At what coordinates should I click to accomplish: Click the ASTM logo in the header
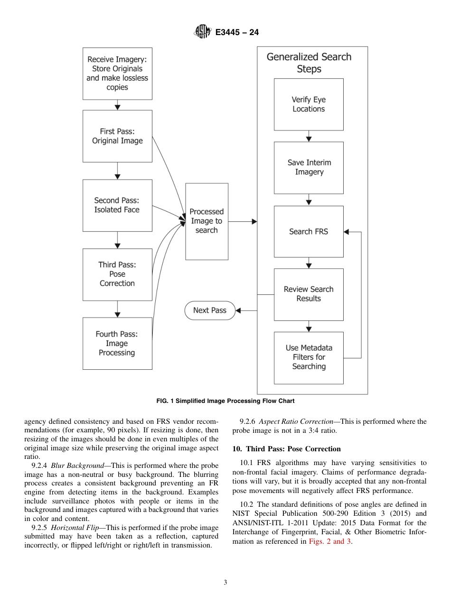[202, 32]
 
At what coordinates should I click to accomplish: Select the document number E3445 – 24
[237, 33]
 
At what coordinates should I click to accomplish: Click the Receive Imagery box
[117, 73]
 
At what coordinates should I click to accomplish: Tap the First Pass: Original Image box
[117, 136]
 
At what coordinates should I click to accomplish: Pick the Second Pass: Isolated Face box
[117, 205]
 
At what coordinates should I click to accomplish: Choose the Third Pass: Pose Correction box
[117, 274]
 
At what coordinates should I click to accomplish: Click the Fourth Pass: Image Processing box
[117, 343]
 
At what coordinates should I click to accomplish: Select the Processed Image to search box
[207, 221]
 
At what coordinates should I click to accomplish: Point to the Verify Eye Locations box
[309, 104]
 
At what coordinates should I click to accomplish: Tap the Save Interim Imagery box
[309, 167]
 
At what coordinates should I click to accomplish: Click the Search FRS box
[309, 232]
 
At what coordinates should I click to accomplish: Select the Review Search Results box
[309, 294]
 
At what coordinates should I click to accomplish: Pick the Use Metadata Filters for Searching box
[309, 357]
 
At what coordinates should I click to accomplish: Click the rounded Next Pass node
[210, 311]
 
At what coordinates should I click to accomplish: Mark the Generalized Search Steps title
[309, 63]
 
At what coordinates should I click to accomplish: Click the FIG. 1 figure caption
[225, 401]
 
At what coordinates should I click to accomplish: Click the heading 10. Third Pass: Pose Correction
[286, 449]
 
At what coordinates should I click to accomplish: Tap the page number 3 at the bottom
[225, 583]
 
